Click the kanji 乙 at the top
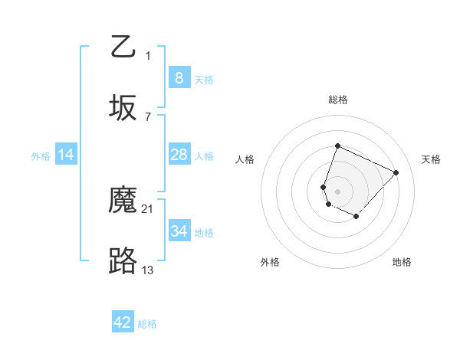123,46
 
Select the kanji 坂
123,108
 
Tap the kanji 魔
123,201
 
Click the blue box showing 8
179,77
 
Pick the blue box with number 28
179,155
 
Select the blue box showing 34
179,231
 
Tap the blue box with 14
66,155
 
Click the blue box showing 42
123,322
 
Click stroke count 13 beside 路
148,270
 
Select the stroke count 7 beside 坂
147,116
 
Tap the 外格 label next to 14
41,156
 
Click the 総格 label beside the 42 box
147,324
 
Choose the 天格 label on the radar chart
431,159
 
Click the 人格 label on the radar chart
245,159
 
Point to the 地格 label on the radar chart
402,262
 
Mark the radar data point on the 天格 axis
396,172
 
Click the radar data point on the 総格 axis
337,146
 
